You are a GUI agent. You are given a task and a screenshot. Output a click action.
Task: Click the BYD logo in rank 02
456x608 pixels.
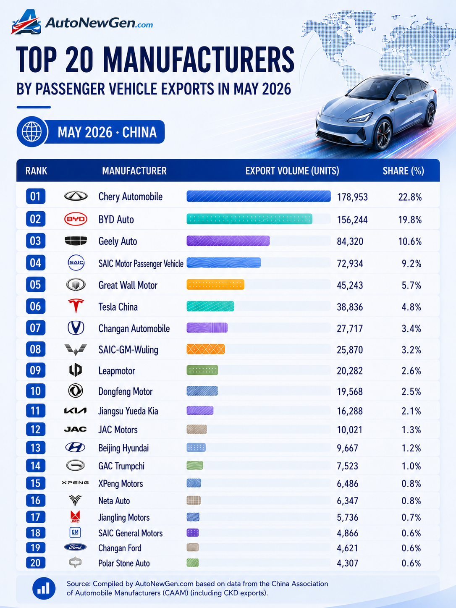point(76,219)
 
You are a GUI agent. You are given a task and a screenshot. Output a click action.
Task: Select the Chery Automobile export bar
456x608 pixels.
point(259,197)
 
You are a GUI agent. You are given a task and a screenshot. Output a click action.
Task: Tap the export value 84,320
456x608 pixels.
point(350,241)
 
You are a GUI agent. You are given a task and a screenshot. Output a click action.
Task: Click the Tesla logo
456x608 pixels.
point(76,306)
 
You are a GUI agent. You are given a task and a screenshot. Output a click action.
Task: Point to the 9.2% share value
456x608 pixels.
point(411,263)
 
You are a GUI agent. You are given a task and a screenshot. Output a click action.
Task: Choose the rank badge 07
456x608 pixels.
point(35,328)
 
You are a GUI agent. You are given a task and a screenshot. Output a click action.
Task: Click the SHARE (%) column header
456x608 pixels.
point(403,170)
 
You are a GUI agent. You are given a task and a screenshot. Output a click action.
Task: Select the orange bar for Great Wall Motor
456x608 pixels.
point(215,284)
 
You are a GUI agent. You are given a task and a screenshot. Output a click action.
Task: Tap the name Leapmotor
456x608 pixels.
point(117,371)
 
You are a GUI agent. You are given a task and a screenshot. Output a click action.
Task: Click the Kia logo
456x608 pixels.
point(75,411)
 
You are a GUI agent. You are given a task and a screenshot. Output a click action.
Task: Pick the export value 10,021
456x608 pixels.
point(350,430)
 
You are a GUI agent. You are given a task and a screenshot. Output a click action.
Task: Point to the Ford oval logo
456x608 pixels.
point(75,547)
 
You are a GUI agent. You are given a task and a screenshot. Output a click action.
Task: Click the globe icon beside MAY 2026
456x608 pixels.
point(32,131)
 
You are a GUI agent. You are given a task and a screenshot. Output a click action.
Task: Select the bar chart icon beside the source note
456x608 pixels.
point(44,588)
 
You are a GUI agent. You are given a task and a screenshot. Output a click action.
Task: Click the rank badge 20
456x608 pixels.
point(35,563)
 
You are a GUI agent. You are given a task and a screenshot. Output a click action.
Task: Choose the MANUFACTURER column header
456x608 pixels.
point(134,170)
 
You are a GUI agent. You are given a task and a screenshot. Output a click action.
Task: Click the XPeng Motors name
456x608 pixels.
point(121,484)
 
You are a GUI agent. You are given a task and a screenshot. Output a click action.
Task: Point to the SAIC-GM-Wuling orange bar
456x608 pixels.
point(206,349)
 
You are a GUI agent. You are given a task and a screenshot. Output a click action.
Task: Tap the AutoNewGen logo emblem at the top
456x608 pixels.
point(26,23)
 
